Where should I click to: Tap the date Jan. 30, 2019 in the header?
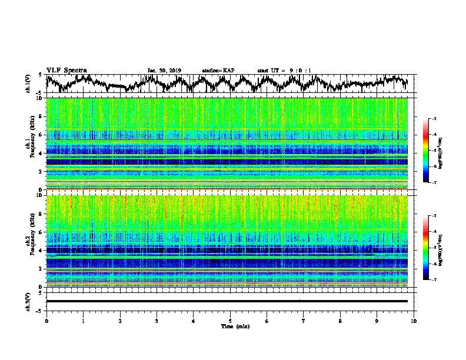164,71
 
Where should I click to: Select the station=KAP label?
218,71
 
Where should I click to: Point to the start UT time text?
284,71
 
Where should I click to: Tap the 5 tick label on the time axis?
230,321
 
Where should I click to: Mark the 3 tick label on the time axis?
157,321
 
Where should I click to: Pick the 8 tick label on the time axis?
340,321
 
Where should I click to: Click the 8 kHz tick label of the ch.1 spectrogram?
40,116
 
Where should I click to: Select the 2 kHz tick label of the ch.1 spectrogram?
40,172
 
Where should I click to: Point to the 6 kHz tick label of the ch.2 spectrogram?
40,232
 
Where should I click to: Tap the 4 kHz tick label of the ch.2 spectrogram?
40,251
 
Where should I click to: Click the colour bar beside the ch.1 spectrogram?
426,151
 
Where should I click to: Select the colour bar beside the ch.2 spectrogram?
426,248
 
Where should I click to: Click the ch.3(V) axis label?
28,301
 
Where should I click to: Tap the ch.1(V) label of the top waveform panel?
28,84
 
